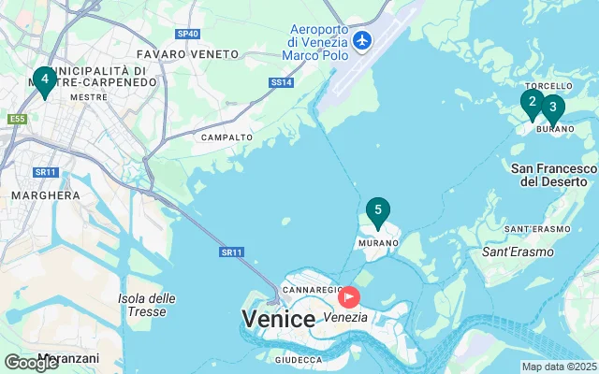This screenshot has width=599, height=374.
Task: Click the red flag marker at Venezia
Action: point(350,297)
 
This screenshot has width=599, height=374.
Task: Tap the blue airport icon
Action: point(361,41)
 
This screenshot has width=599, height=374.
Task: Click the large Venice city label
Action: point(278,318)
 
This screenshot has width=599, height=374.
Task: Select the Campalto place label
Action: point(226,137)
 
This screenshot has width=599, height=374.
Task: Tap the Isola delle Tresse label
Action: point(147,305)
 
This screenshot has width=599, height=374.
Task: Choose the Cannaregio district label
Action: point(312,291)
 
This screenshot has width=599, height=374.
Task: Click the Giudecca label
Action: point(298,359)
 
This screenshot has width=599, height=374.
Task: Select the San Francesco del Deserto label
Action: point(554,174)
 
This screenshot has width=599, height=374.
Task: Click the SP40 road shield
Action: point(188,34)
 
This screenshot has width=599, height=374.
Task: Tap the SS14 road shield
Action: point(282,83)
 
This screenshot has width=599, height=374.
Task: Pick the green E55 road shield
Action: point(17,119)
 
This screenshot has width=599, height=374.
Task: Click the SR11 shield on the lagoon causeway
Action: point(232,252)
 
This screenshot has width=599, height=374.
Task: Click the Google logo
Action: point(31,362)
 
